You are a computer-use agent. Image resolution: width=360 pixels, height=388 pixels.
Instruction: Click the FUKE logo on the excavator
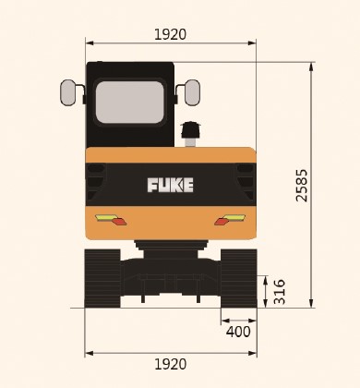click(x=171, y=185)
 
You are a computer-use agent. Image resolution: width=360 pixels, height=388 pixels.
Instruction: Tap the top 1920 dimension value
click(x=170, y=34)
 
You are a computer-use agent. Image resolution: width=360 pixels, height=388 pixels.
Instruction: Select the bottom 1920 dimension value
click(x=170, y=364)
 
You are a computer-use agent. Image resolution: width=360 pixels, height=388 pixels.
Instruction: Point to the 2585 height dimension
click(x=302, y=185)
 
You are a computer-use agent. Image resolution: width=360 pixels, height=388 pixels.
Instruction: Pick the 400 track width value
click(x=238, y=332)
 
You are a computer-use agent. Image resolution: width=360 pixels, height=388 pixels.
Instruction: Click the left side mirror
click(x=68, y=92)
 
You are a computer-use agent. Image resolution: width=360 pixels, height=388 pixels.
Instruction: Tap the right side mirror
click(x=192, y=92)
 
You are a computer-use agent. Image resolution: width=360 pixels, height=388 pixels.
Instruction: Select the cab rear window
click(x=129, y=102)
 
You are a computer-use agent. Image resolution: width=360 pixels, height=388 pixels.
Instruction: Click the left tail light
click(x=111, y=219)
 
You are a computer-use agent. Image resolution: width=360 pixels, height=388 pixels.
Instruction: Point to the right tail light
click(x=230, y=219)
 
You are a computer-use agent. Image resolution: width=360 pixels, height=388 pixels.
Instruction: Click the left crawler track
click(x=102, y=277)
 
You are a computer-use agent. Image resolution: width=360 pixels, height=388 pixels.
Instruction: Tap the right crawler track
click(x=238, y=277)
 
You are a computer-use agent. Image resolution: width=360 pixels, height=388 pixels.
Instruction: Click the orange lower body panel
click(x=171, y=224)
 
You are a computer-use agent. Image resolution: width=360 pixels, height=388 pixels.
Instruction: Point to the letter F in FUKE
click(x=152, y=185)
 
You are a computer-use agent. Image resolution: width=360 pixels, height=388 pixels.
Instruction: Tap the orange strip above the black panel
click(x=171, y=154)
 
